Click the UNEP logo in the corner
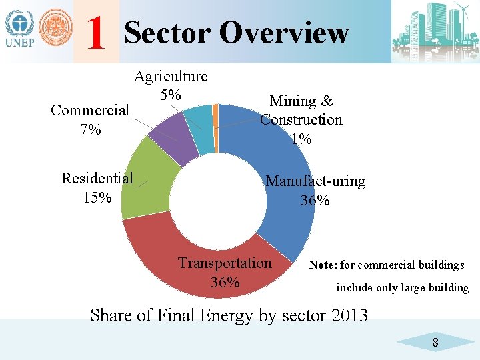[20, 30]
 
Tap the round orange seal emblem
[55, 30]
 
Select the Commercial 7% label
[90, 119]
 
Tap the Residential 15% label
[97, 187]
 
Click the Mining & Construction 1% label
[301, 120]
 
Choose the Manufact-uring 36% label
[315, 190]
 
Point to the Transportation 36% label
[225, 272]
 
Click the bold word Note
[322, 265]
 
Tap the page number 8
[435, 343]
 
